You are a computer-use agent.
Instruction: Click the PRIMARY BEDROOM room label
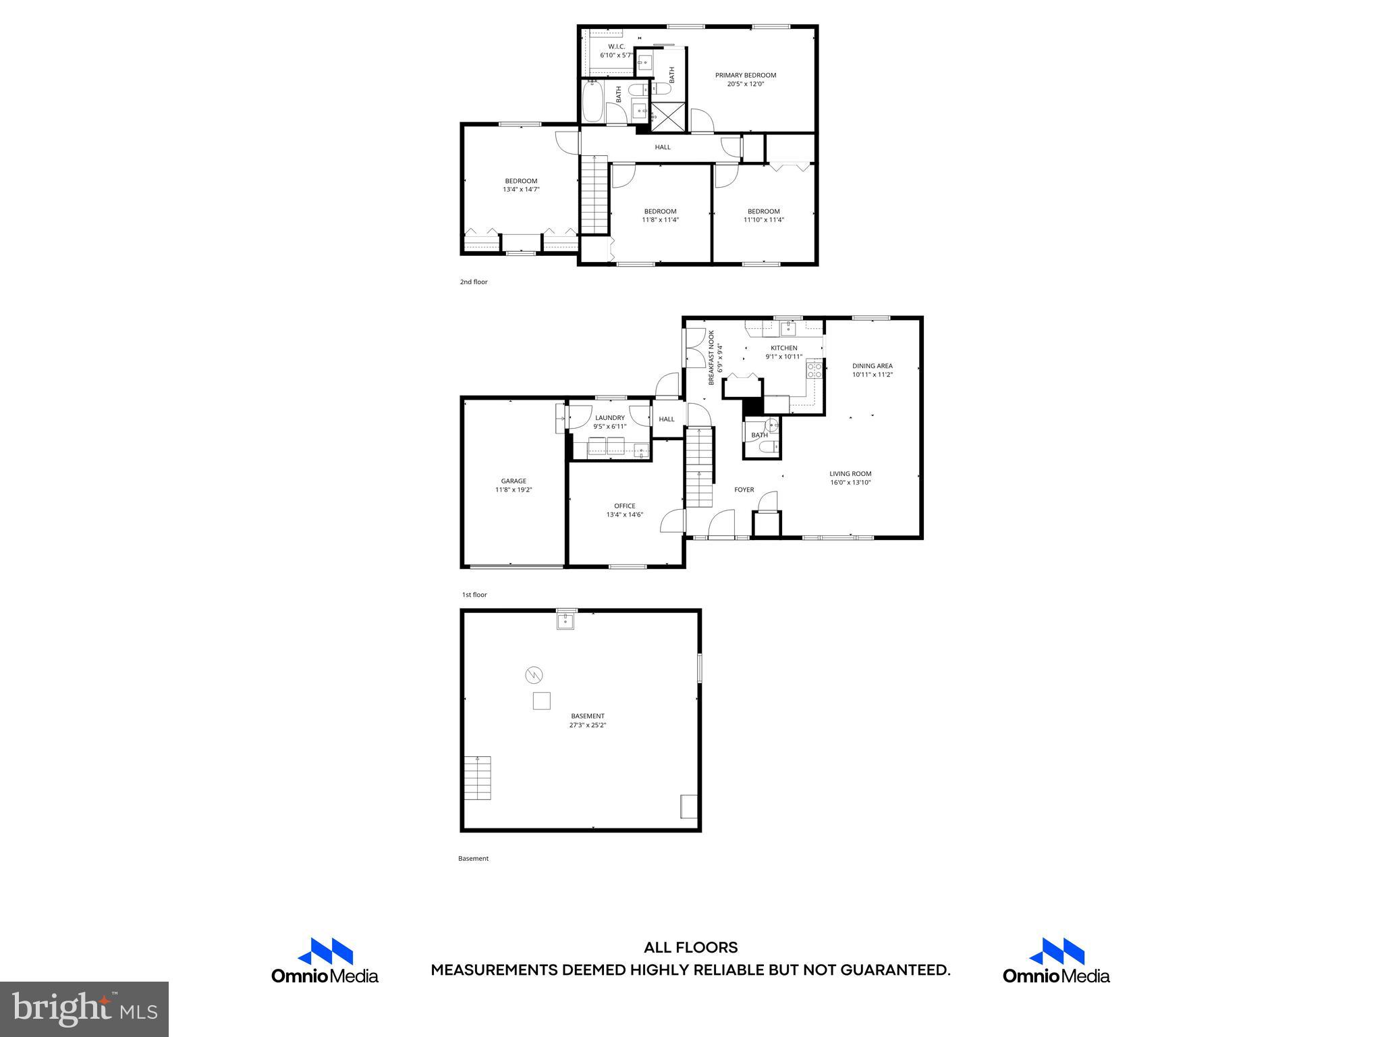point(745,75)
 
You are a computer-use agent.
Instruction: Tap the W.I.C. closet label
point(616,47)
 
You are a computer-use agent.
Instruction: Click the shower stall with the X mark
point(667,117)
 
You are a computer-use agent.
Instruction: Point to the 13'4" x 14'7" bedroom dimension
point(521,190)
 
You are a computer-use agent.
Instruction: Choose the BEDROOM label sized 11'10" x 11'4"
point(763,211)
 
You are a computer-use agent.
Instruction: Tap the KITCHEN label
point(783,348)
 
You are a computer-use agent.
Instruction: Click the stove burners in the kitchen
point(814,369)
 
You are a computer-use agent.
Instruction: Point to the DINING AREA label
point(872,366)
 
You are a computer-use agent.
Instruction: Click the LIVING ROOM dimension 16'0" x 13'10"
point(850,483)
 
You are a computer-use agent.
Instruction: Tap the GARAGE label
point(514,481)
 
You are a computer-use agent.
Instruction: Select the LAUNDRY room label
point(609,417)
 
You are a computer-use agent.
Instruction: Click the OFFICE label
point(624,506)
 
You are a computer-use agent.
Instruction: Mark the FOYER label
point(744,489)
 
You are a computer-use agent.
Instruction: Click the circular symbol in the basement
point(534,674)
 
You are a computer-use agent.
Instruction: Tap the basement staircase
point(477,778)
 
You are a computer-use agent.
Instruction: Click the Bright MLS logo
point(84,1009)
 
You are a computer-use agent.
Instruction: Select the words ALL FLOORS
point(690,948)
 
